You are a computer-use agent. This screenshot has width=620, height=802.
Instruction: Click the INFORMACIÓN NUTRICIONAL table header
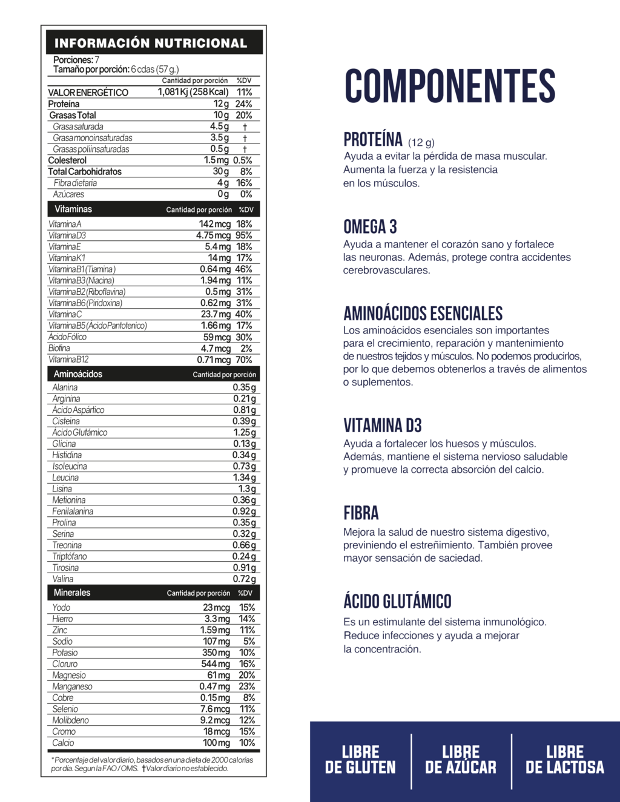point(151,43)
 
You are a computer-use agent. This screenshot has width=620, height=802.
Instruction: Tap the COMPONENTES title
point(450,86)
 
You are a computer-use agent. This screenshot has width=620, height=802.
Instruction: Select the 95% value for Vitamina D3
point(244,235)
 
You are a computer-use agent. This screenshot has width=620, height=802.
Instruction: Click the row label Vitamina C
point(65,315)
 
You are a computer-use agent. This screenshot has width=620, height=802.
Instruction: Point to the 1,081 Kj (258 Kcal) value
point(193,92)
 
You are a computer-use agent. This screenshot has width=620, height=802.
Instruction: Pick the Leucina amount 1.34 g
point(245,478)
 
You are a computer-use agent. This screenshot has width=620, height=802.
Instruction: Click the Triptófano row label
point(70,556)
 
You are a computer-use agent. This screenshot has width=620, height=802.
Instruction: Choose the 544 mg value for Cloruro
point(216,664)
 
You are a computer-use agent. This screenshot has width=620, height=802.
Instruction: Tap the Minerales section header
point(72,593)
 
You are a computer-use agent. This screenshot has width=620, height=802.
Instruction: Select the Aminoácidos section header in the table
point(78,374)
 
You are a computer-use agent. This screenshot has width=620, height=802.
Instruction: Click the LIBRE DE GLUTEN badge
point(360,760)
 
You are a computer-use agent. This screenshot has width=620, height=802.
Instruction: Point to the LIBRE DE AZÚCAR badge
point(461,760)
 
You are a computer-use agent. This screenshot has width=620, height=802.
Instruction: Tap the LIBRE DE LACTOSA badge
point(564,760)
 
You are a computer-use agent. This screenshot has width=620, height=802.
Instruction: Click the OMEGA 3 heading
point(370,227)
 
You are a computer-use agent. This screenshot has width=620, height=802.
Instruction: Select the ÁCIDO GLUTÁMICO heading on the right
point(397,602)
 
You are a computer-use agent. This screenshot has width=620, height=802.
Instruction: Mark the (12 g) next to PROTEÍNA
point(421,143)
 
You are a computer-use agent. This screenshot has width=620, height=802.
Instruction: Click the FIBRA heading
point(361,513)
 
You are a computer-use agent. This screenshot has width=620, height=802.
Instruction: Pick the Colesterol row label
point(67,160)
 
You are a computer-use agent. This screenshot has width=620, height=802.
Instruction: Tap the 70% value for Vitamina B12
point(244,360)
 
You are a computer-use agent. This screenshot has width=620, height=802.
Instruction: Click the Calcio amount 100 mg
point(216,743)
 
